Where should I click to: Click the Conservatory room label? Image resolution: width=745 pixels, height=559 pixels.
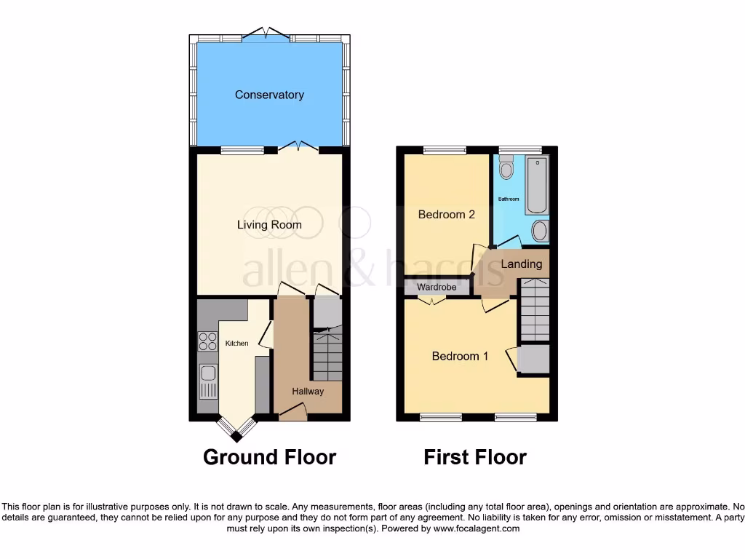pyautogui.click(x=269, y=95)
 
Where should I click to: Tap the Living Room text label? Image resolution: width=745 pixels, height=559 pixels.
pyautogui.click(x=269, y=225)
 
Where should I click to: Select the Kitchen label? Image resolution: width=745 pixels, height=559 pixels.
pyautogui.click(x=236, y=343)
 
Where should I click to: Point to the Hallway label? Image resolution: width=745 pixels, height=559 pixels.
pyautogui.click(x=308, y=391)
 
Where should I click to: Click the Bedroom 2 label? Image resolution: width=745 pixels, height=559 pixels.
pyautogui.click(x=446, y=215)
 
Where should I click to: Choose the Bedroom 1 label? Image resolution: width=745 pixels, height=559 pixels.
pyautogui.click(x=460, y=356)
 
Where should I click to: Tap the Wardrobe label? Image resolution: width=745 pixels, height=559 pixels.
pyautogui.click(x=437, y=288)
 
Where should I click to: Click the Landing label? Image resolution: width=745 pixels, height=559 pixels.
pyautogui.click(x=522, y=263)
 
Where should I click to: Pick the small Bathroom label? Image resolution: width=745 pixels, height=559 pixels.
pyautogui.click(x=509, y=199)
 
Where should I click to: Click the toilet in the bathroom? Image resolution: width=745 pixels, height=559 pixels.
pyautogui.click(x=506, y=168)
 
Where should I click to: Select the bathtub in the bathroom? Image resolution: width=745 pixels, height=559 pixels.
pyautogui.click(x=537, y=184)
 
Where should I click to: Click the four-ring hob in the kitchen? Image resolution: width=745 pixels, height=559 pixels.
pyautogui.click(x=207, y=341)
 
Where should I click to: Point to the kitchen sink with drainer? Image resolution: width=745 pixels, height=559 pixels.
pyautogui.click(x=208, y=381)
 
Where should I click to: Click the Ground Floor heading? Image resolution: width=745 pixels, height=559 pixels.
pyautogui.click(x=269, y=457)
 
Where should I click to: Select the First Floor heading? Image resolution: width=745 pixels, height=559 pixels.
pyautogui.click(x=475, y=457)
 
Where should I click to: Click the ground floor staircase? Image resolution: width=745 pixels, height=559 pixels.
pyautogui.click(x=327, y=354)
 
